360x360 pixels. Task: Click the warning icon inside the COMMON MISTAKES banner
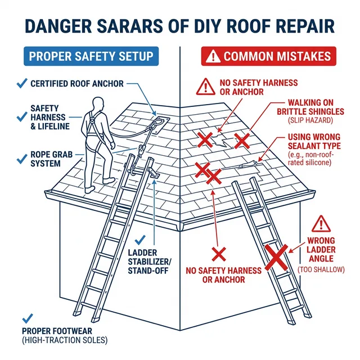pyautogui.click(x=214, y=56)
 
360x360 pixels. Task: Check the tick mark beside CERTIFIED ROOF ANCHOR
pyautogui.click(x=22, y=83)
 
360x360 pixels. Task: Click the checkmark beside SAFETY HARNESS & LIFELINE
pyautogui.click(x=22, y=116)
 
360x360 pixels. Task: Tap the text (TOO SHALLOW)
pyautogui.click(x=321, y=270)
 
